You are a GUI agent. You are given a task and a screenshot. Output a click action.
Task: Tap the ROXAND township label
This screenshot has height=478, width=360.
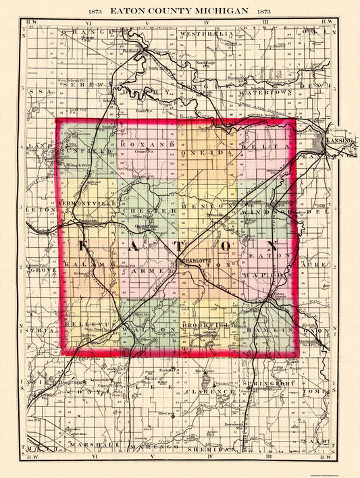click(x=148, y=144)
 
